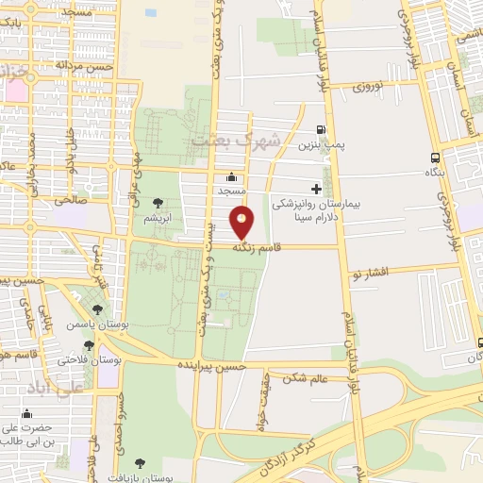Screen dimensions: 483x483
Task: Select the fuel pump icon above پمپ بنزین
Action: tap(322, 131)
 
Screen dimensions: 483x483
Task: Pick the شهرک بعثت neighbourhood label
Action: tap(237, 142)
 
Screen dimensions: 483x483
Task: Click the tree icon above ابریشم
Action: tap(157, 202)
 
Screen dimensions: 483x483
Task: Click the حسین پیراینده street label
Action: tap(216, 366)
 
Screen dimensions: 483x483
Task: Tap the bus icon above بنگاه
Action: tap(434, 158)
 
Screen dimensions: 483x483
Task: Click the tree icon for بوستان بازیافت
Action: tap(141, 463)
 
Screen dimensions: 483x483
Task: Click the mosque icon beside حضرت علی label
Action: tap(26, 413)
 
